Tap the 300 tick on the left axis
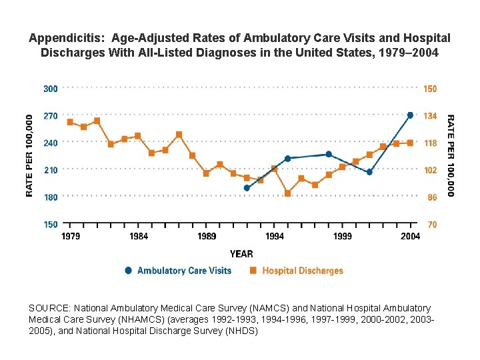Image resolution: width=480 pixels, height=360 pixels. (x=50, y=88)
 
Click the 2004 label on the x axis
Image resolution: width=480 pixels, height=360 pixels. (x=411, y=237)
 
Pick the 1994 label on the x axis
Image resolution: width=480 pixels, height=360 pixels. (x=275, y=237)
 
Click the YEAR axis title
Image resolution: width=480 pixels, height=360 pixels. (x=241, y=253)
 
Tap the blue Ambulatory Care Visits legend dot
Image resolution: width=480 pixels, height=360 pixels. (x=128, y=271)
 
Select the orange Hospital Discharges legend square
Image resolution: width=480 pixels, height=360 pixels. (x=253, y=271)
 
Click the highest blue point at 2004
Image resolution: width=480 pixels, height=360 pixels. (x=410, y=115)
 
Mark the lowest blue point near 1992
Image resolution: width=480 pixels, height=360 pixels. (x=247, y=188)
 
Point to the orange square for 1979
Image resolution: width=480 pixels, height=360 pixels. (x=71, y=122)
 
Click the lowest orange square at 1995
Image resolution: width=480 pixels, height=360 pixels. (x=287, y=193)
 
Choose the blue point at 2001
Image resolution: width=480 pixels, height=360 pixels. (x=369, y=172)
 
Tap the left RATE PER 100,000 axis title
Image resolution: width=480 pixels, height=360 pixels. (x=29, y=155)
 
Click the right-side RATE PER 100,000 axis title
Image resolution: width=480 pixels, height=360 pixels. (x=451, y=155)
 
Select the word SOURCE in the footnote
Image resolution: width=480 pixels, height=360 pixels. (x=48, y=309)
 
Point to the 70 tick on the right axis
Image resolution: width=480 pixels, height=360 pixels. (x=431, y=225)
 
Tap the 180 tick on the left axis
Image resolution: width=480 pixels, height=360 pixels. (x=50, y=197)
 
